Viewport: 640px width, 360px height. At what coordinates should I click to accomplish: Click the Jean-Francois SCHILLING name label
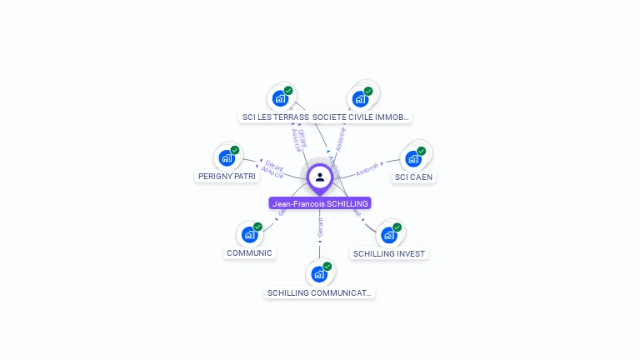coord(320,203)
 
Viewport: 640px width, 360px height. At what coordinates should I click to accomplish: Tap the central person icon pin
coord(320,177)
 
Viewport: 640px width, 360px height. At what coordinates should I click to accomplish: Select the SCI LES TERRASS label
coord(275,117)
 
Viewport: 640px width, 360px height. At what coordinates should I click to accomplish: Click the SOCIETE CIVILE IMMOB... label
coord(362,117)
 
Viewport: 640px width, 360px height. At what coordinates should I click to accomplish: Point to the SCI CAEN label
coord(414,177)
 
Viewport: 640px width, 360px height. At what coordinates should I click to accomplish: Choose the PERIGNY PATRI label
coord(227,177)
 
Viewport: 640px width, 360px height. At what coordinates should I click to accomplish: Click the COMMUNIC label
coord(249,252)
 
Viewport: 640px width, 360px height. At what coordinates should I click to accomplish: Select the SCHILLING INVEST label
coord(388,253)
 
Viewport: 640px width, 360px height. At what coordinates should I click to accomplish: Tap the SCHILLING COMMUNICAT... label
coord(320,292)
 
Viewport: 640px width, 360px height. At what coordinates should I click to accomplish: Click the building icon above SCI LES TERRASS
coord(280,98)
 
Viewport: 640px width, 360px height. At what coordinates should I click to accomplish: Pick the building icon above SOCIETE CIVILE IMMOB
coord(360,98)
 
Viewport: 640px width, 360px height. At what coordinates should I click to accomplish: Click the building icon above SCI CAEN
coord(413,158)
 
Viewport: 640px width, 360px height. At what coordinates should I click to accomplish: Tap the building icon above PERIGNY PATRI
coord(227,157)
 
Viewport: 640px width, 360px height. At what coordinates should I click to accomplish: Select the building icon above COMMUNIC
coord(249,234)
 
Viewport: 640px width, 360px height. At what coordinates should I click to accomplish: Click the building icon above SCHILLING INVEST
coord(388,235)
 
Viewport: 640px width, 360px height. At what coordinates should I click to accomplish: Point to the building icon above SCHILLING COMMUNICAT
coord(318,273)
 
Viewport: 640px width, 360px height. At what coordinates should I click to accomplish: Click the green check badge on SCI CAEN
coord(422,151)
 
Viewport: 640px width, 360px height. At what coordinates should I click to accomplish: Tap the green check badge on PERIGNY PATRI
coord(235,150)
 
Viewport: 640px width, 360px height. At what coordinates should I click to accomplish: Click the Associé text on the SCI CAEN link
coord(367,170)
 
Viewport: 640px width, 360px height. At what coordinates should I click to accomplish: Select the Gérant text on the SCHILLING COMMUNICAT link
coord(320,227)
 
